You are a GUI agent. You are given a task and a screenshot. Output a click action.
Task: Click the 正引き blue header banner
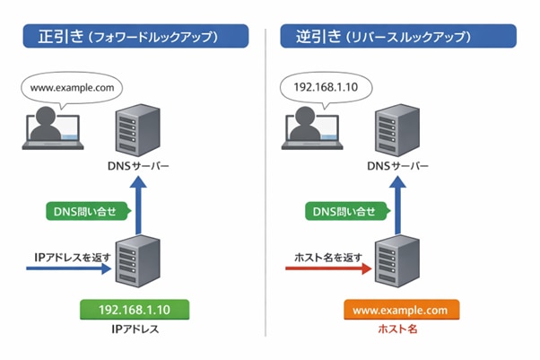pyautogui.click(x=135, y=38)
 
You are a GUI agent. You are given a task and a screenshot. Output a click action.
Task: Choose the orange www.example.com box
pyautogui.click(x=401, y=310)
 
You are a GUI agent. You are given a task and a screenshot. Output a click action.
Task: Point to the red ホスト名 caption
pyautogui.click(x=400, y=329)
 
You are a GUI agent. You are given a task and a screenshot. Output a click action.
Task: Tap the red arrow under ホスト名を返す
pyautogui.click(x=328, y=268)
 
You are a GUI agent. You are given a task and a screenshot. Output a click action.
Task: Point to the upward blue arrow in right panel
pyautogui.click(x=396, y=202)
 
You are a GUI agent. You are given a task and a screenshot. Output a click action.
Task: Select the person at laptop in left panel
pyautogui.click(x=54, y=130)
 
